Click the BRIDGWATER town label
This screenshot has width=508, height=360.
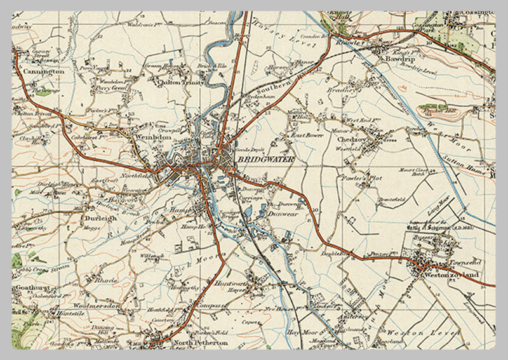(x=265, y=161)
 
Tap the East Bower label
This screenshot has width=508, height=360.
(x=304, y=135)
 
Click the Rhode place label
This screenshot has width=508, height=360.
(x=103, y=279)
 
